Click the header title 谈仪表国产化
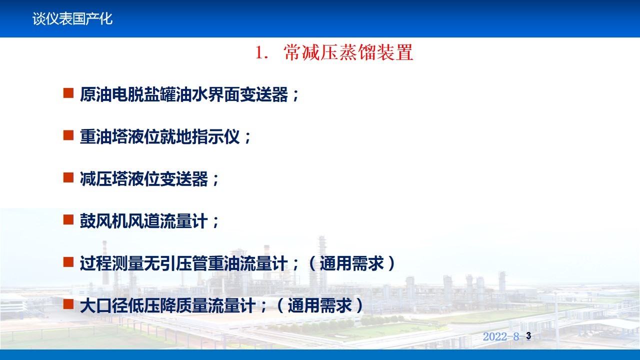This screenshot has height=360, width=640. pyautogui.click(x=72, y=19)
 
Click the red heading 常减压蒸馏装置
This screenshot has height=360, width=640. pyautogui.click(x=348, y=52)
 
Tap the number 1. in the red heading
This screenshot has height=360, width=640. pyautogui.click(x=261, y=53)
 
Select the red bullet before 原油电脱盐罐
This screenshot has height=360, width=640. pyautogui.click(x=68, y=93)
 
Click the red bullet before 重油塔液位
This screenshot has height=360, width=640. pyautogui.click(x=68, y=135)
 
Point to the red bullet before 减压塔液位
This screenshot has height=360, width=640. pyautogui.click(x=68, y=177)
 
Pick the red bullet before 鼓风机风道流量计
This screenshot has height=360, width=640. pyautogui.click(x=68, y=219)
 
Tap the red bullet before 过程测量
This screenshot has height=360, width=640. pyautogui.click(x=68, y=261)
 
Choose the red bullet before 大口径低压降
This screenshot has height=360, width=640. pyautogui.click(x=68, y=304)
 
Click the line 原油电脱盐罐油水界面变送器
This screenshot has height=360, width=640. pyautogui.click(x=183, y=94)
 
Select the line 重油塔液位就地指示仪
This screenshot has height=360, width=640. pyautogui.click(x=159, y=136)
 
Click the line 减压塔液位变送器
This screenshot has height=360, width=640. pyautogui.click(x=143, y=179)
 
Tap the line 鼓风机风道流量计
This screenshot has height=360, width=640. pyautogui.click(x=143, y=221)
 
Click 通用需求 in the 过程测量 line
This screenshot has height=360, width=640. pyautogui.click(x=351, y=263)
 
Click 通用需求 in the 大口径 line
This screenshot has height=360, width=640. pyautogui.click(x=319, y=305)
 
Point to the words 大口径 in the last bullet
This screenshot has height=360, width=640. pyautogui.click(x=103, y=305)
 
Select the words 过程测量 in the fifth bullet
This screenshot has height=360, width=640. pyautogui.click(x=111, y=263)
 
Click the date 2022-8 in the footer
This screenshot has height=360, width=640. pyautogui.click(x=501, y=336)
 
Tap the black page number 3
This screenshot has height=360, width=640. pyautogui.click(x=528, y=335)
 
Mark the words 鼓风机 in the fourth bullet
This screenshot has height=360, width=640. pyautogui.click(x=103, y=221)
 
